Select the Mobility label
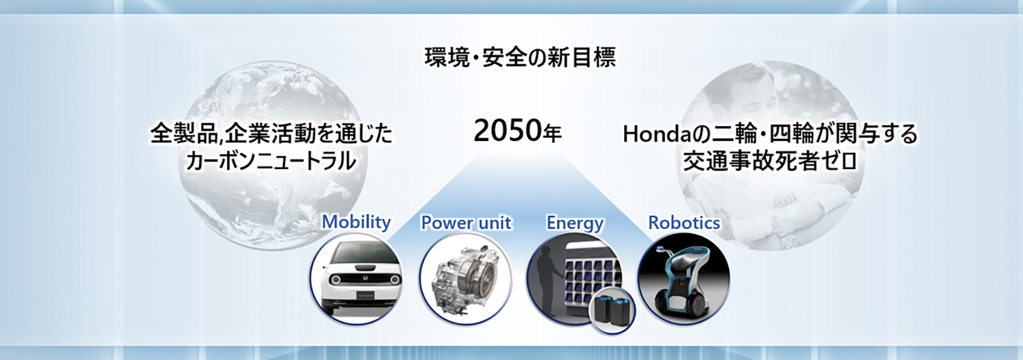(356, 222)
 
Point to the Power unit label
(466, 222)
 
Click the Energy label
(575, 223)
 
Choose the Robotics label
(684, 222)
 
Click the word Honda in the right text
(656, 134)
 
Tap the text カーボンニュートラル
(271, 162)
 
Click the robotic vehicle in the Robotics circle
(682, 280)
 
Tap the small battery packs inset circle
(612, 310)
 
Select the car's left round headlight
(336, 280)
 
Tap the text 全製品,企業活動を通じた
(271, 133)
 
